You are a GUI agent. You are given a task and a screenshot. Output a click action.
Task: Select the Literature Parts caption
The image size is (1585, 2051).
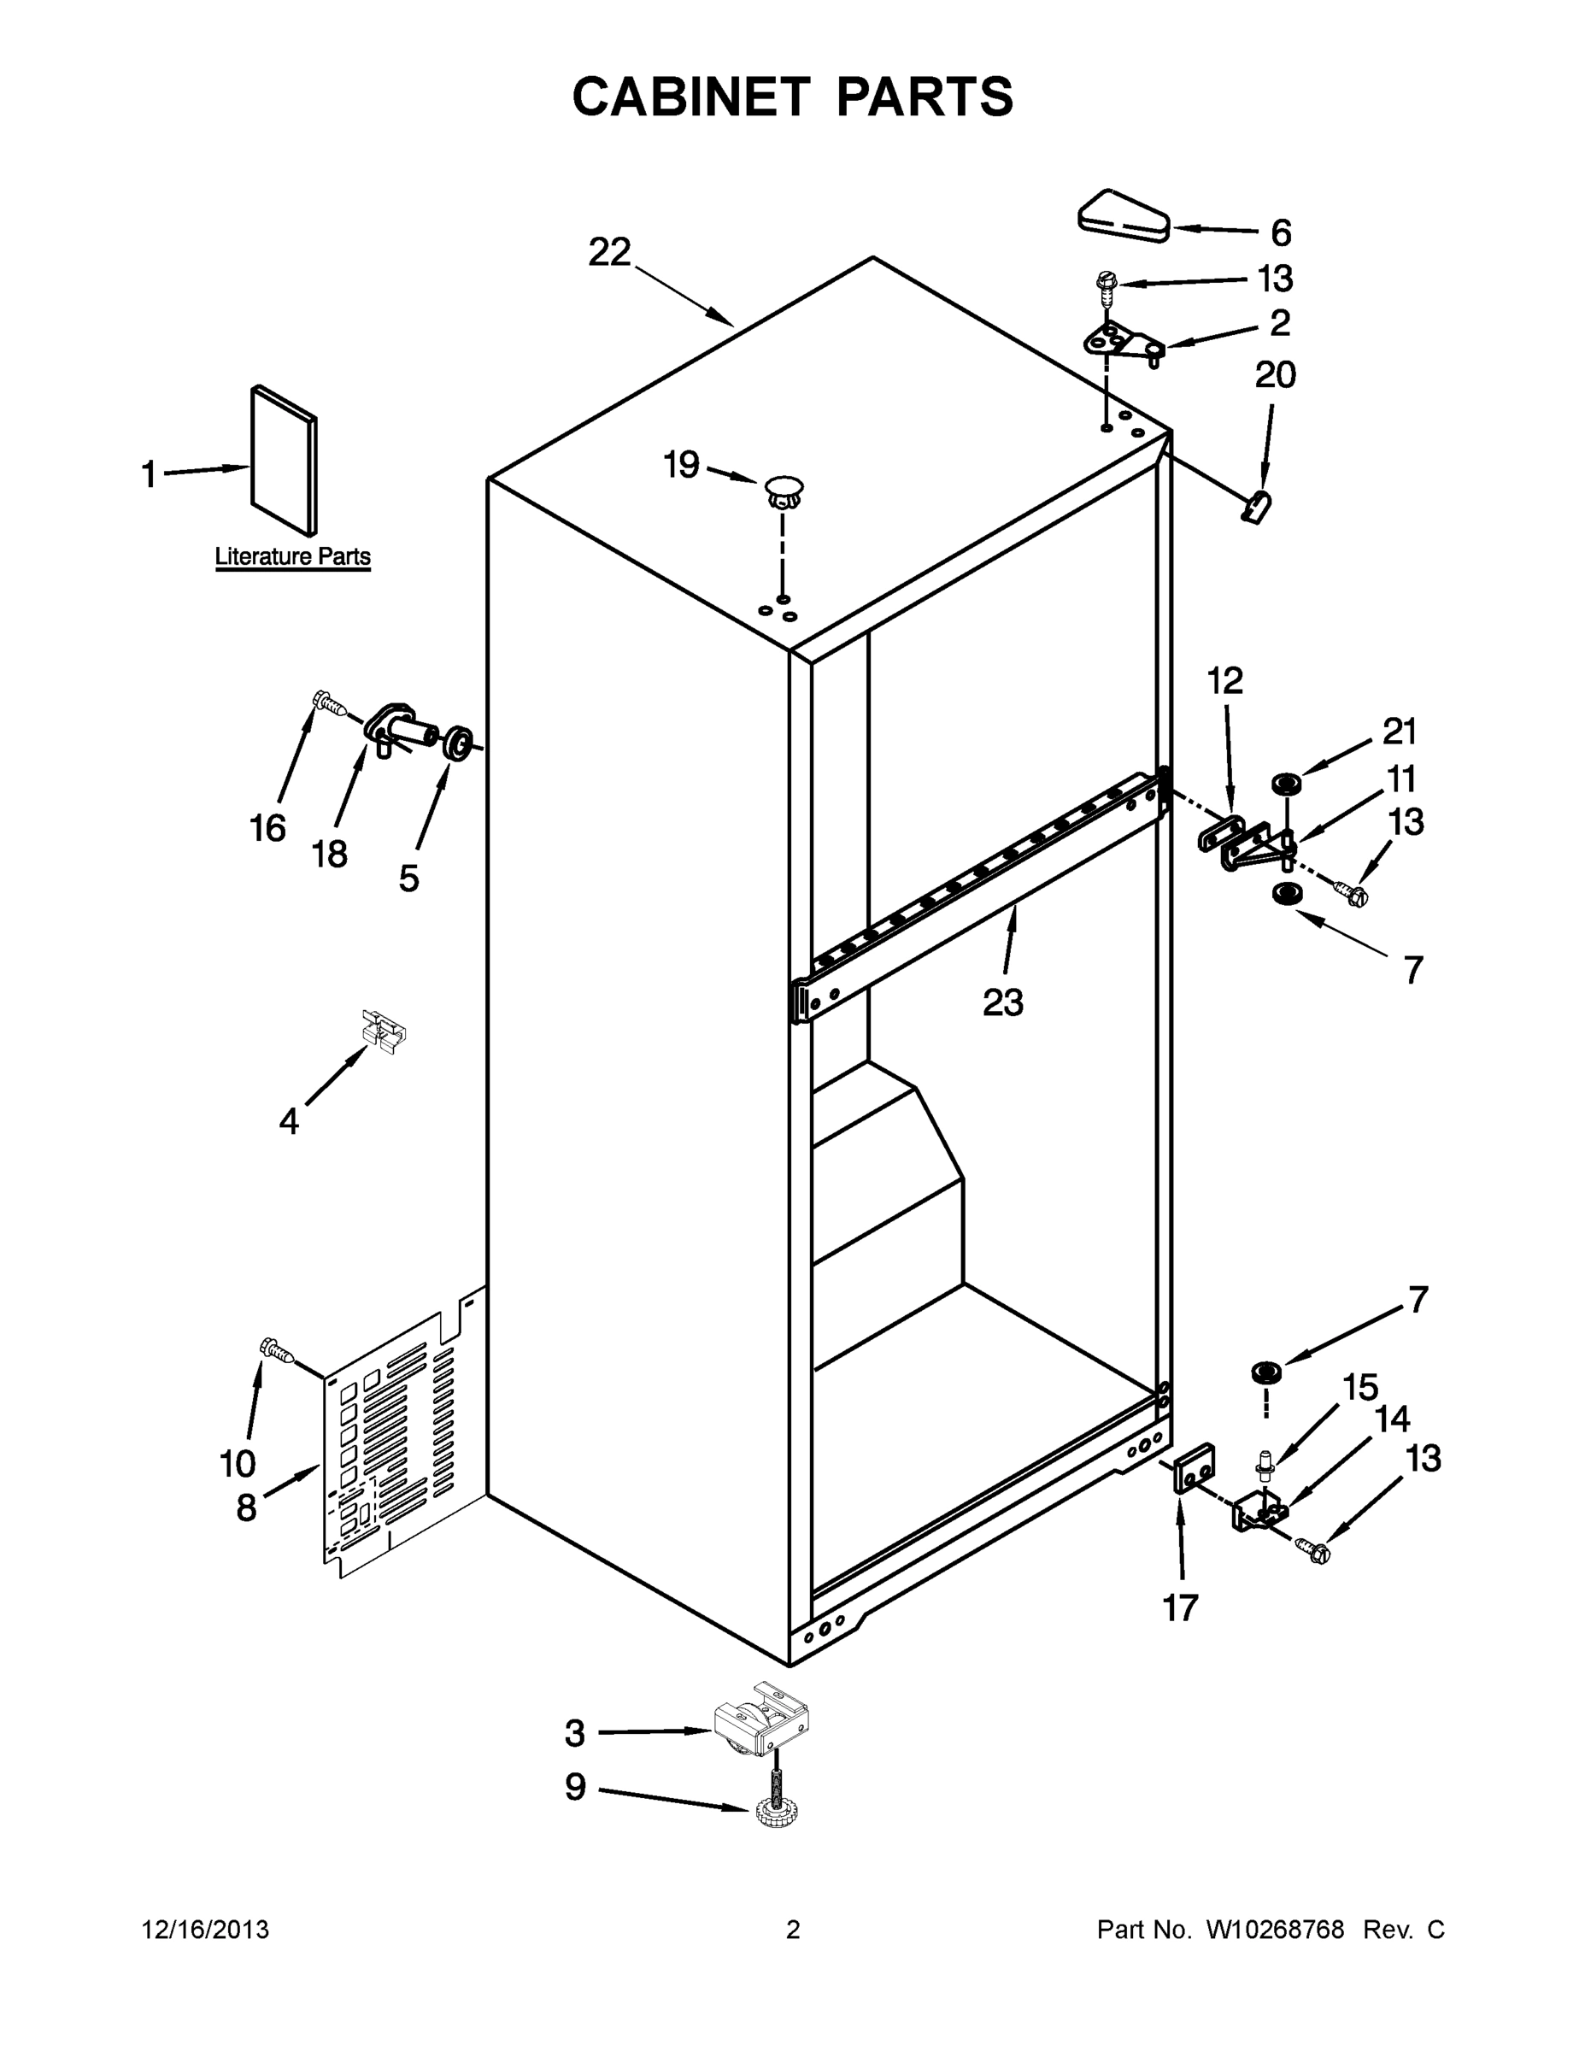tap(293, 556)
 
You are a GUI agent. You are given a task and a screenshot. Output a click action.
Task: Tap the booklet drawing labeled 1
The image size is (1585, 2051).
tap(284, 460)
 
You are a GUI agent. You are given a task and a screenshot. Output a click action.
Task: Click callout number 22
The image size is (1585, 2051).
tap(609, 252)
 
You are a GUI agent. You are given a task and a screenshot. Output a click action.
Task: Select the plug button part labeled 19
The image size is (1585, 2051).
tap(784, 491)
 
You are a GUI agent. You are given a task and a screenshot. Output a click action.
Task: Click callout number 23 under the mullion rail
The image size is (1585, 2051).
tap(1002, 1003)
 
